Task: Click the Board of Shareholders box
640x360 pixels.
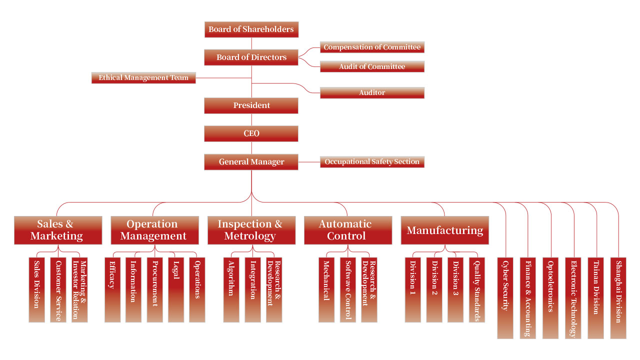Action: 251,29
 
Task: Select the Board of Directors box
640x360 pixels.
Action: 251,57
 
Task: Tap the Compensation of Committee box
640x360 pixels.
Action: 372,47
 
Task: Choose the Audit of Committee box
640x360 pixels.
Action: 372,66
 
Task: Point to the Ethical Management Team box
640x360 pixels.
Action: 143,78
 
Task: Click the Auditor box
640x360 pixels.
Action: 372,93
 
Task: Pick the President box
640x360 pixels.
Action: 251,105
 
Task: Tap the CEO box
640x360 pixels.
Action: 251,133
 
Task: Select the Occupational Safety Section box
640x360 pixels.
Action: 372,162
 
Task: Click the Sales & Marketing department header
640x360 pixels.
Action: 58,230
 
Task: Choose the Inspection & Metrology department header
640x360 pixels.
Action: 251,230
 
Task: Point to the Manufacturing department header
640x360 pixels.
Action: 444,230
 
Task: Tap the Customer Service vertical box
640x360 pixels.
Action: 58,290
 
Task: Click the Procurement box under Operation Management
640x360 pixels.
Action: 154,290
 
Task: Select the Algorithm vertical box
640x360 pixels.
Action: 231,290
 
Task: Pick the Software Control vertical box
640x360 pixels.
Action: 348,290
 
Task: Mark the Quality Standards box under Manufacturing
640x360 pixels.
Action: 476,290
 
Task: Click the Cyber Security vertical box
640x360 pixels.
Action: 505,298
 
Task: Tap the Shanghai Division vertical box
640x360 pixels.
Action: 618,298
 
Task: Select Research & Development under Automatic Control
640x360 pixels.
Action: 369,290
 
